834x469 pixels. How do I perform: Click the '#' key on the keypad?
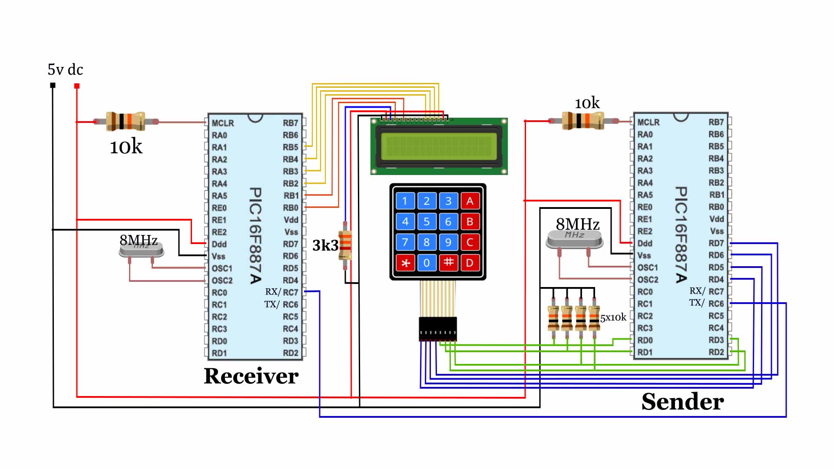coord(448,262)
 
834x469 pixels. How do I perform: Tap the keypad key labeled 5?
coord(427,221)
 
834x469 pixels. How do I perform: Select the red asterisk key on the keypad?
coord(405,263)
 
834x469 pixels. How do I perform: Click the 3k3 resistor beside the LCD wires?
coord(345,245)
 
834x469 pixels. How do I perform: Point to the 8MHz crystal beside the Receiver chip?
coord(141,249)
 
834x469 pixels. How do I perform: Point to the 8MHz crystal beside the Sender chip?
coord(574,239)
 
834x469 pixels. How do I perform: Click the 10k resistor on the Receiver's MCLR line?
coord(126,122)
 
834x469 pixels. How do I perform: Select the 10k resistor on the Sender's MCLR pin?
coord(582,121)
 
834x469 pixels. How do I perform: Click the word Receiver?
coord(251,376)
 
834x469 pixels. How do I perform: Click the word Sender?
coord(682,402)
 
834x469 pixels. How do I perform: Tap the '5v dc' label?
coord(65,69)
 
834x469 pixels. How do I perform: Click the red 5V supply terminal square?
coord(77,86)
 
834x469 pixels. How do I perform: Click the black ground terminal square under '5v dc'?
coord(53,86)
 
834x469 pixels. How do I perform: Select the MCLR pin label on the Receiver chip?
coord(222,123)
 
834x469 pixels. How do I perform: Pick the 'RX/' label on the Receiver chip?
coord(273,292)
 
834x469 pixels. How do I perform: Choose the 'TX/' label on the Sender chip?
coord(696,303)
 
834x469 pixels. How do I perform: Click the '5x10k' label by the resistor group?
coord(613,318)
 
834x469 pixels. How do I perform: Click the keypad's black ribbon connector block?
coord(438,329)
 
